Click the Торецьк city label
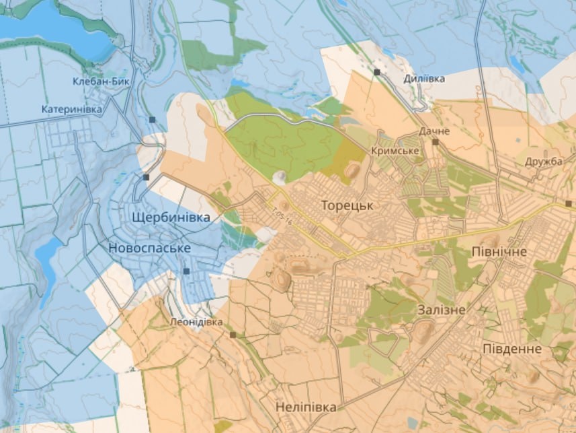pos(346,205)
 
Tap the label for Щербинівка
pos(172,218)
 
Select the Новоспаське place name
pos(149,248)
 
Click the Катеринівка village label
pos(72,108)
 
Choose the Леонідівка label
pos(196,322)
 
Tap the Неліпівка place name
pos(305,407)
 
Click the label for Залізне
pos(441,310)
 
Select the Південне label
pos(512,349)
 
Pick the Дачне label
pos(434,131)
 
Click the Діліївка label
pos(424,79)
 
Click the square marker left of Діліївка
pos(378,71)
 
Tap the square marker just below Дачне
pos(436,142)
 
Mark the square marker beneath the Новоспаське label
pos(186,271)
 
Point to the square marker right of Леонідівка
pos(233,334)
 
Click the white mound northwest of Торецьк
pos(278,177)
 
